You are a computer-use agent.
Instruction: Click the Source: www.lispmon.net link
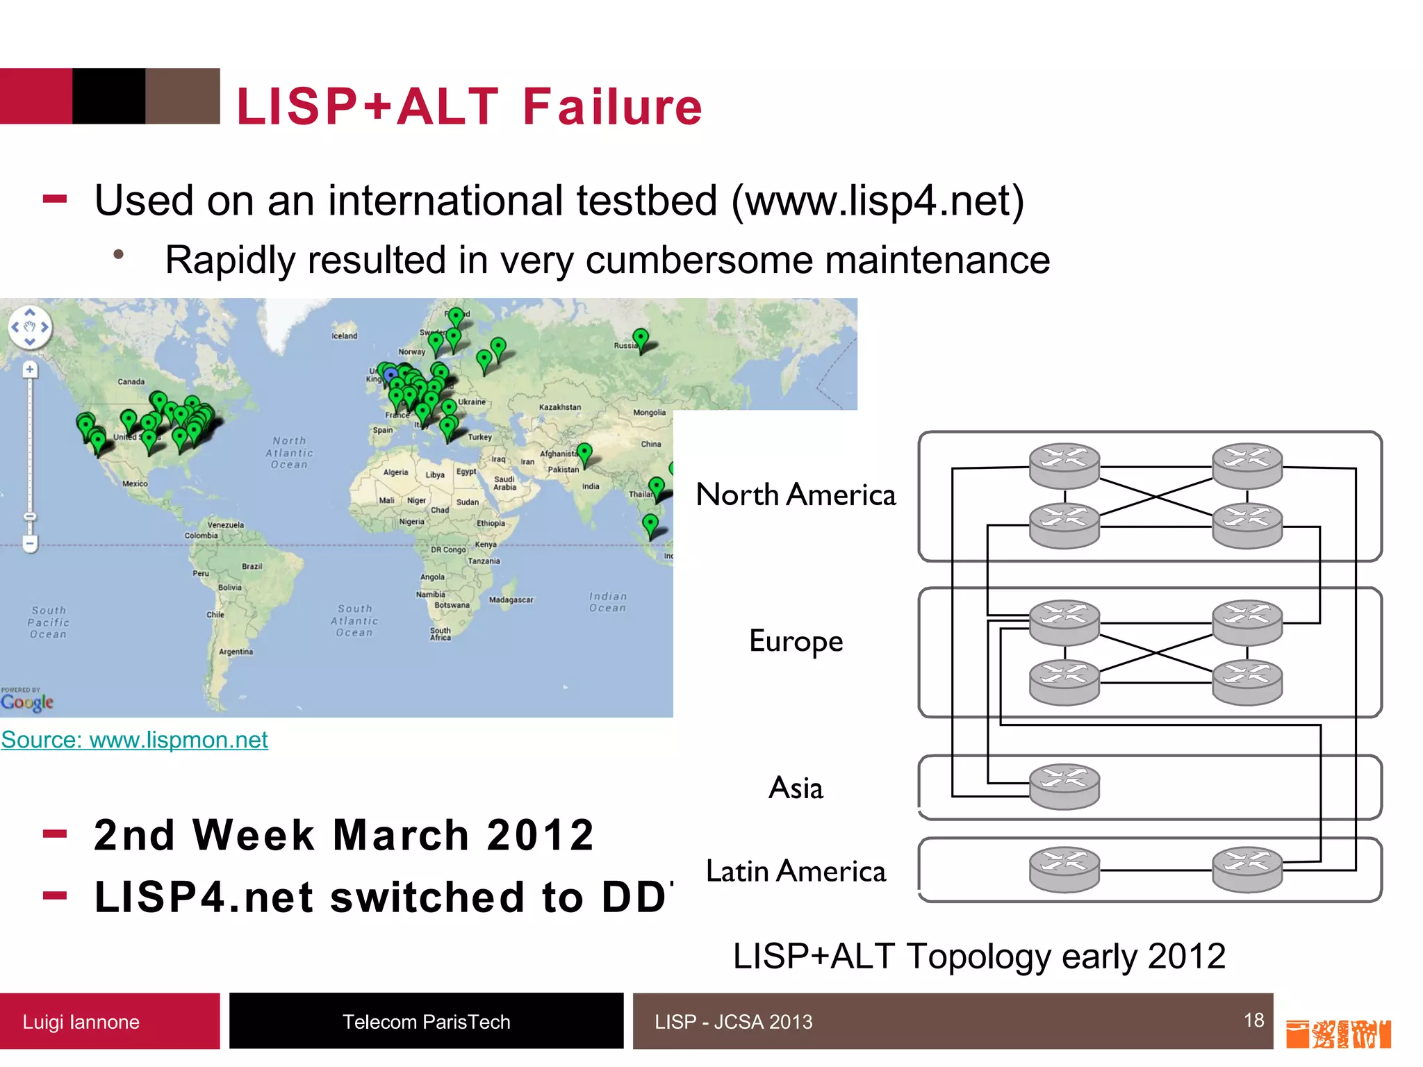point(134,740)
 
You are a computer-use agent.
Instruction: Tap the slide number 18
point(1253,1020)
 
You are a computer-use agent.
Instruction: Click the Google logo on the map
point(27,702)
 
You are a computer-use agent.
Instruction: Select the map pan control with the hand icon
point(30,326)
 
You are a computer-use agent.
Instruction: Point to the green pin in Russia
point(641,339)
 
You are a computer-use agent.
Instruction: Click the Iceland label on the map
point(345,336)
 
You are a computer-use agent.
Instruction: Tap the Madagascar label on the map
point(511,599)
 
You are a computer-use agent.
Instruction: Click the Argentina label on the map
point(236,652)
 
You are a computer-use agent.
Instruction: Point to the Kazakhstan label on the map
point(559,407)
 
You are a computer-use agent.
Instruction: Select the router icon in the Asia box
point(1064,786)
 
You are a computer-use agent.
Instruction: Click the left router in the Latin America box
point(1064,869)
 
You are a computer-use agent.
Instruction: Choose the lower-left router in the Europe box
point(1064,681)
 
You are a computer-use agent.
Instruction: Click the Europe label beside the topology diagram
point(796,641)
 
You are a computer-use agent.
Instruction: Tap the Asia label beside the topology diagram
point(796,788)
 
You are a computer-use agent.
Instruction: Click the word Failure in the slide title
point(612,107)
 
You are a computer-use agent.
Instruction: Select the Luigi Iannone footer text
point(81,1022)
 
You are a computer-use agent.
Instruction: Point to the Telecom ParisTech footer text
point(426,1022)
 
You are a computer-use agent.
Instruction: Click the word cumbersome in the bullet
point(699,260)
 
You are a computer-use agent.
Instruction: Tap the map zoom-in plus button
point(30,370)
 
